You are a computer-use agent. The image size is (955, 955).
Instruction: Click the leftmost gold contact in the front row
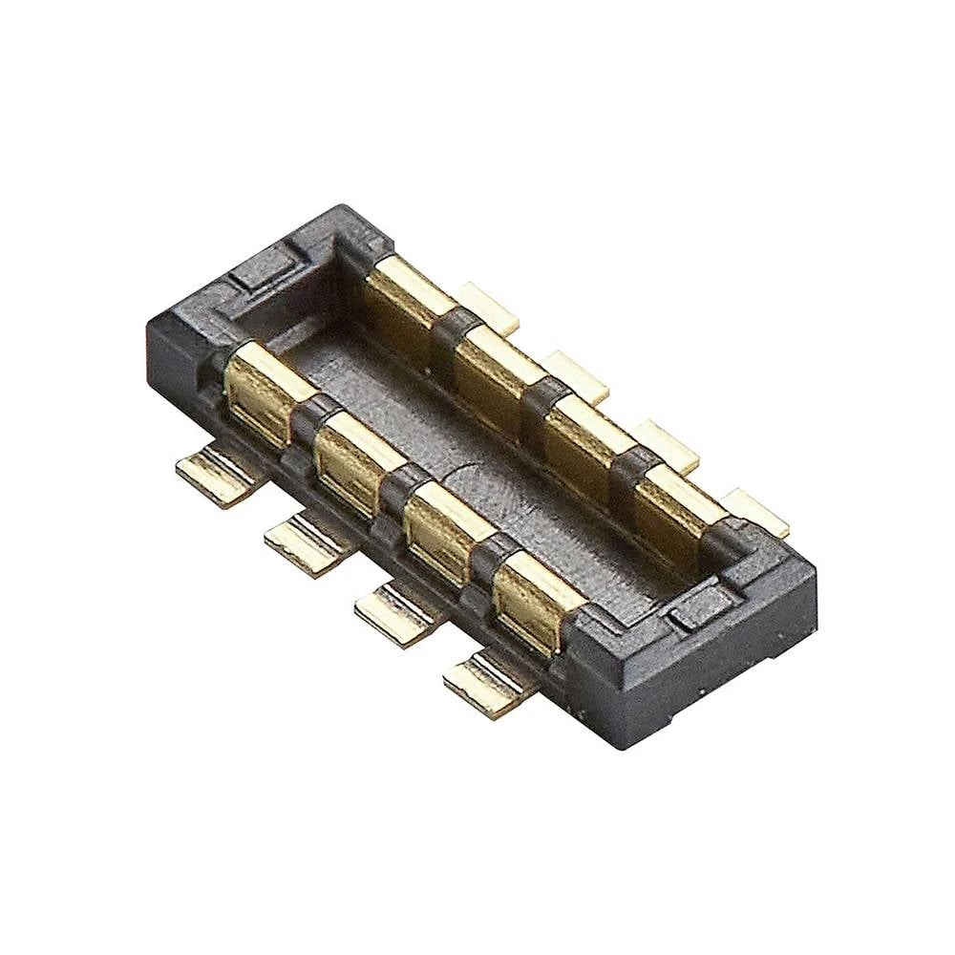[x=261, y=392]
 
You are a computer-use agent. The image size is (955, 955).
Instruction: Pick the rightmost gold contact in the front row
[x=531, y=600]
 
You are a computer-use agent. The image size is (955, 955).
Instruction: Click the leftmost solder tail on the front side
[x=216, y=475]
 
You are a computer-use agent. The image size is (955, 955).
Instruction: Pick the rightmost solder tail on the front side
[x=485, y=681]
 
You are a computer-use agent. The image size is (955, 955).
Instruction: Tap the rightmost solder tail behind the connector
[x=755, y=512]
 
